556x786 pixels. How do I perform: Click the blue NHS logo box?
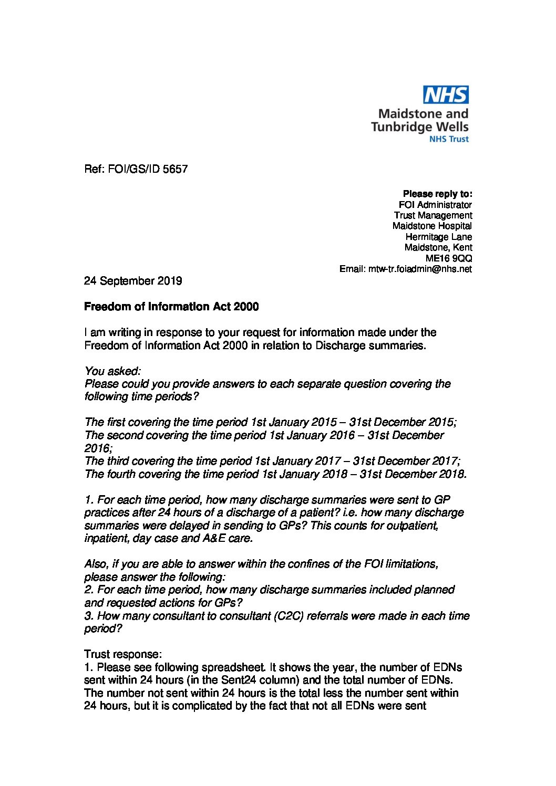(446, 95)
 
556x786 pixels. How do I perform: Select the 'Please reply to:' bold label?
(437, 194)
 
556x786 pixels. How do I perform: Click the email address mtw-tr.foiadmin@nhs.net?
(418, 269)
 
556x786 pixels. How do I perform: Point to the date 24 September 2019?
(133, 281)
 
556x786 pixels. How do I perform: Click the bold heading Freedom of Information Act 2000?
(171, 307)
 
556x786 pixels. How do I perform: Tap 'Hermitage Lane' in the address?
(438, 237)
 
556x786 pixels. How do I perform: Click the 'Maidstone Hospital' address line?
(432, 226)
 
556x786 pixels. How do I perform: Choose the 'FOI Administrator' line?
(435, 205)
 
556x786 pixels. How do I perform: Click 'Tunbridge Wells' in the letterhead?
(419, 127)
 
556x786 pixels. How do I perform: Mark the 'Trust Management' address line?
(433, 215)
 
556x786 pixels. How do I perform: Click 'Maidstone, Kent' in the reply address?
(438, 247)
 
